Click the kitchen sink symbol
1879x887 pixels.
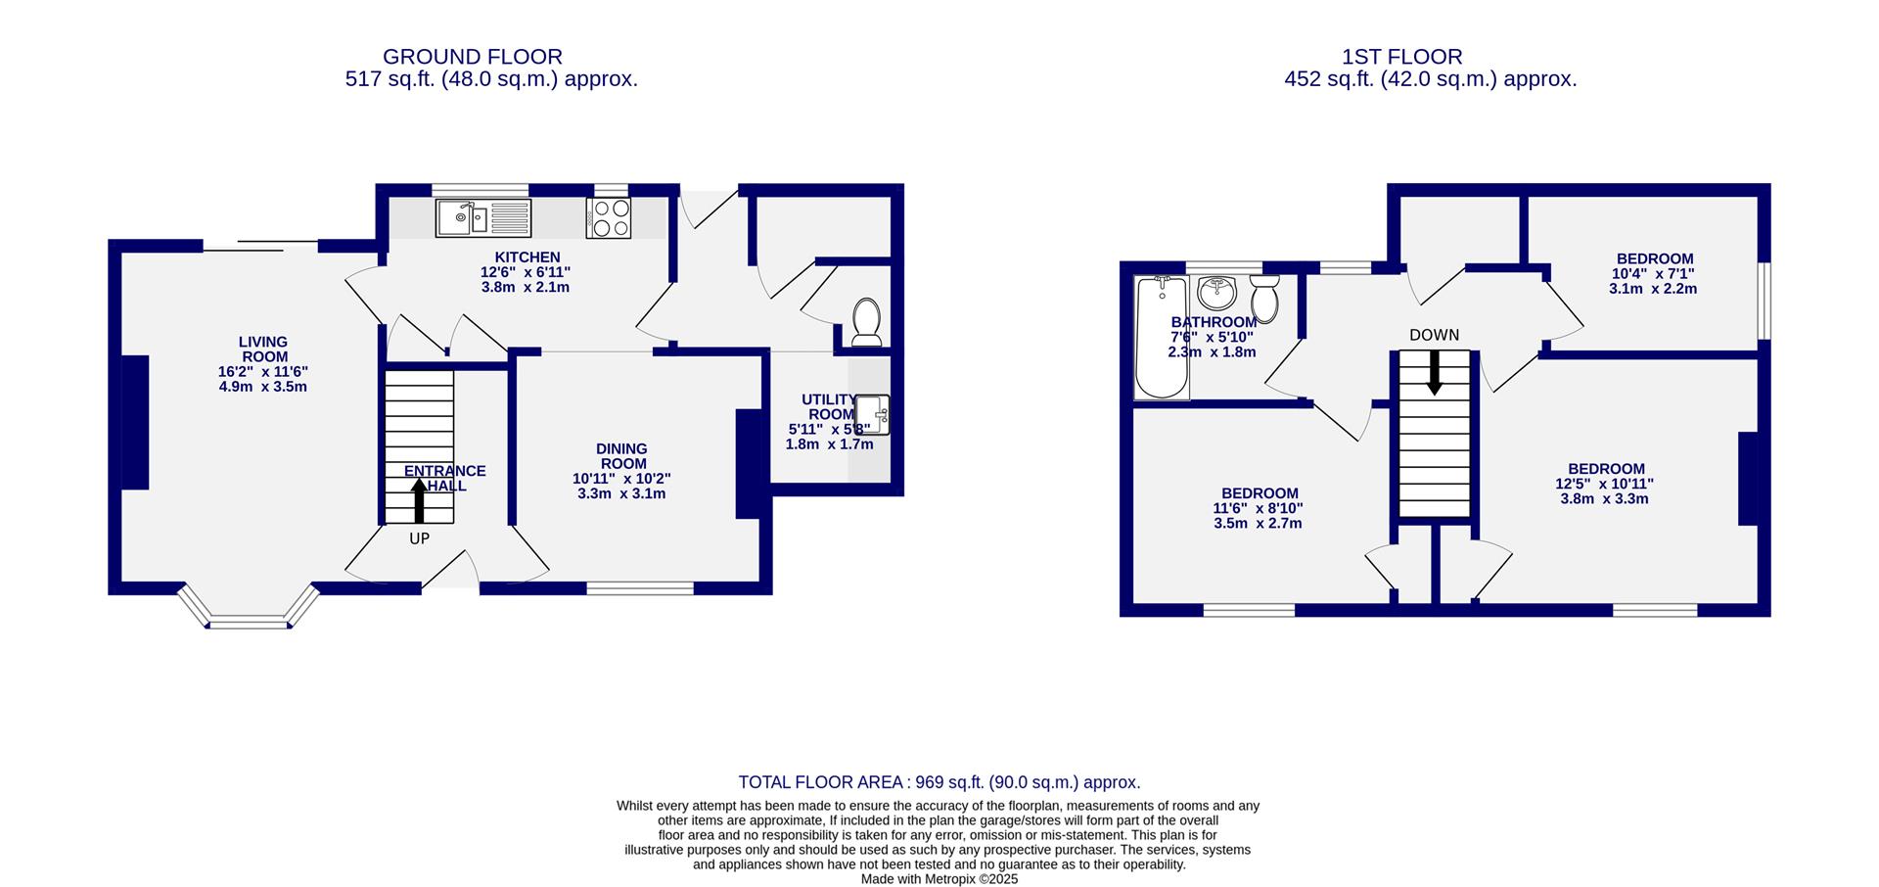pos(483,217)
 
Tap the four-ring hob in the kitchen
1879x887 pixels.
pos(609,217)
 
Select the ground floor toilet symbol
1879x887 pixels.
pos(867,322)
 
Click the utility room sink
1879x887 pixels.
pos(872,414)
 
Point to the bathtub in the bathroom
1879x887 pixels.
pos(1161,338)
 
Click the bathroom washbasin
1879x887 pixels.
pos(1217,291)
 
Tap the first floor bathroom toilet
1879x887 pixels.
pos(1264,298)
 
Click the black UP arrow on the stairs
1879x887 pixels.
pos(419,500)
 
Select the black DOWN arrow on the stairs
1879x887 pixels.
pos(1434,372)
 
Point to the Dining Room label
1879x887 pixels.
pos(622,456)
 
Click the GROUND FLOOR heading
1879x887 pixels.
pos(472,57)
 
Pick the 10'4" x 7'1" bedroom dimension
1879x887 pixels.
pos(1653,274)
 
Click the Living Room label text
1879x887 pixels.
pos(263,350)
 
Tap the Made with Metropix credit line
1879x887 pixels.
pos(939,879)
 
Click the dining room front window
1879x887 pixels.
pos(640,588)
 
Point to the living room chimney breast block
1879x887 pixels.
pos(135,422)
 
